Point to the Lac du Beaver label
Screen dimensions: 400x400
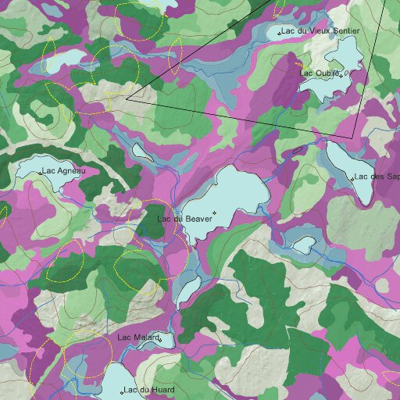[184, 220]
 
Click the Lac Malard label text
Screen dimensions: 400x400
[137, 337]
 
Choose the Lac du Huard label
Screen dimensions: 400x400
[152, 389]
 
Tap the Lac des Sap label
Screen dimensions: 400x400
[377, 177]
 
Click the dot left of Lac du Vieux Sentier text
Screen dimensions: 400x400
[280, 33]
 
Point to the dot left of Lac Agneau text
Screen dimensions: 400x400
[39, 170]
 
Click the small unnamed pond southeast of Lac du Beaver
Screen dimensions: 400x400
[303, 245]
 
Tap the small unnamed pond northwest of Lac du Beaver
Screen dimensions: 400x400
[141, 151]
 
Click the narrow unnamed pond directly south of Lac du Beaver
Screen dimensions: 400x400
[187, 289]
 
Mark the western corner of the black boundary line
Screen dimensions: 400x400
[127, 99]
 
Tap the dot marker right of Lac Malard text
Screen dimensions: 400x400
[160, 339]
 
